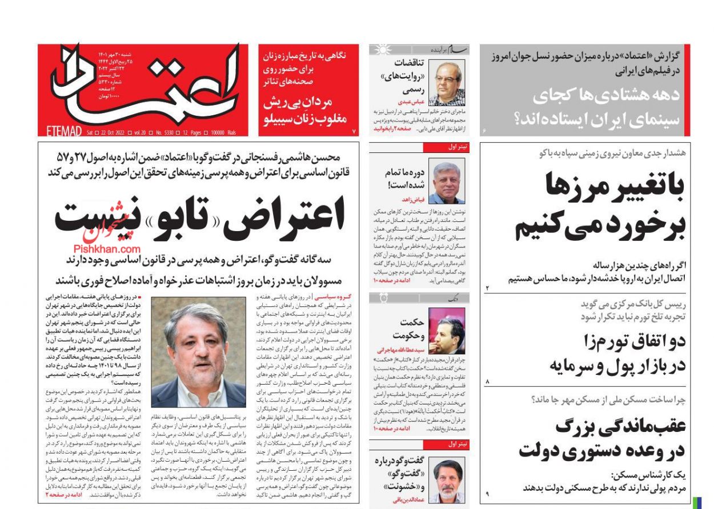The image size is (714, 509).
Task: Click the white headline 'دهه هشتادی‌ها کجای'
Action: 607,95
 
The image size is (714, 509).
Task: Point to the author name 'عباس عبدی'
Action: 410,101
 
